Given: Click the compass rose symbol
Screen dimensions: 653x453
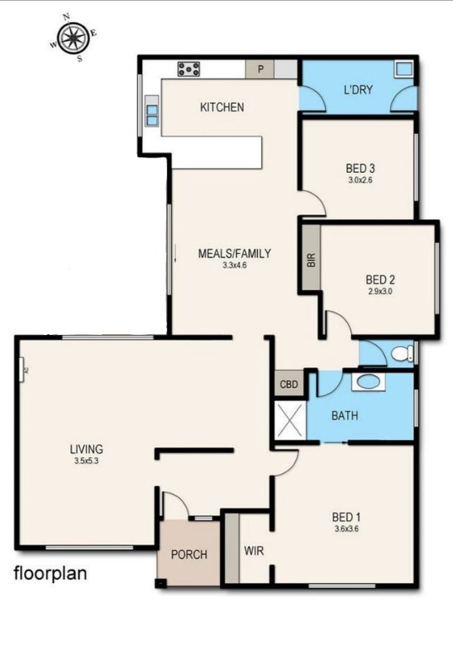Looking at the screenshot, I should pos(72,36).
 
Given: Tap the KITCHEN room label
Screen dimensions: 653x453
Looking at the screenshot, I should pos(222,108).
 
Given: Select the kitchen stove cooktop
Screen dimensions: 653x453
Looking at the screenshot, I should pos(189,69).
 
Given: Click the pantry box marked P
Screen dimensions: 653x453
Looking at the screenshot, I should pos(261,69).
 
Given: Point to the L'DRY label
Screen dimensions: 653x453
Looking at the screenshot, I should pos(357,90).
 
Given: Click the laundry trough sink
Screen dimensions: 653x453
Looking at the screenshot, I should pos(402,69).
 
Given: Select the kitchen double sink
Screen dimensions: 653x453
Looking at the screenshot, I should pos(150,112).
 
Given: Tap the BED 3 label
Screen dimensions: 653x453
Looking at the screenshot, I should pos(361,169).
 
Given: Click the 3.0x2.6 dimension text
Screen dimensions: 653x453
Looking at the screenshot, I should pos(361,180).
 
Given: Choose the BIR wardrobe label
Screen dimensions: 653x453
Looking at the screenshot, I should pos(311,260).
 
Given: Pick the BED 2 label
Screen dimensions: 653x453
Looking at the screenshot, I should pos(381,280).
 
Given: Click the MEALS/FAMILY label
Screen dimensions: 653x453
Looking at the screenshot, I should pos(235,254).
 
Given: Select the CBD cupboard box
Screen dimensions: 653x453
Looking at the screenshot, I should pos(288,385).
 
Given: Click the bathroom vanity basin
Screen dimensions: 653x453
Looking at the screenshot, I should pos(368,382).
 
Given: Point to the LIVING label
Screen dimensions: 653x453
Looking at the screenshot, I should pos(86,449).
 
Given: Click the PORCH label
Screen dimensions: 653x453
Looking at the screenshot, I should pos(189,555).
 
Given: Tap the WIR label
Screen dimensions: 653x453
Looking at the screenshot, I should pos(255,552).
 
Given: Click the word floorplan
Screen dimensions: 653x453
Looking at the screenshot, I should pos(50,574).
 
